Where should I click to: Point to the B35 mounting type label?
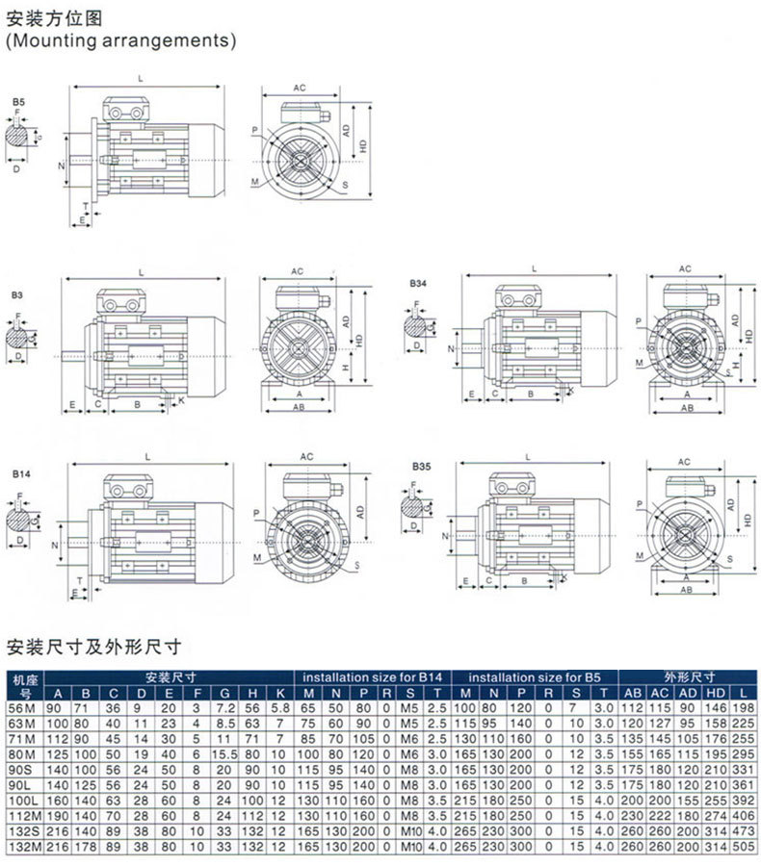[x=422, y=466]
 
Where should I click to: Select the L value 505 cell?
[x=743, y=846]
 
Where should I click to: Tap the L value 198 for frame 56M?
[x=743, y=707]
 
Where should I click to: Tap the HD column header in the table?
[x=716, y=693]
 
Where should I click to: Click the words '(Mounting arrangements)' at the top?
[x=120, y=41]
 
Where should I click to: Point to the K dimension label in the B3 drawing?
[x=181, y=400]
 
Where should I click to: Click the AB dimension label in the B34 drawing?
[x=687, y=408]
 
